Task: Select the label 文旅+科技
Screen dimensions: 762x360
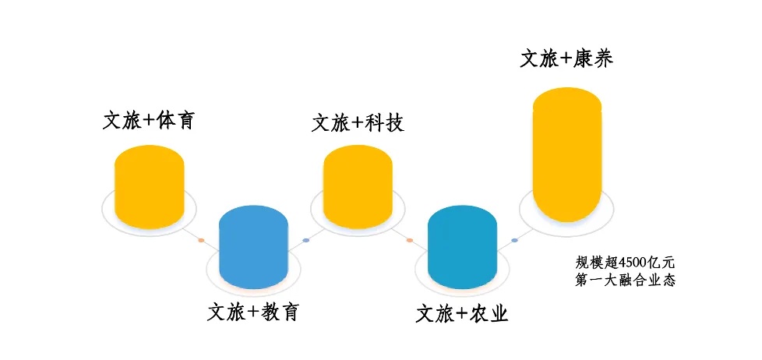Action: (358, 123)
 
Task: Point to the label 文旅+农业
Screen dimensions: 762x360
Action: (462, 314)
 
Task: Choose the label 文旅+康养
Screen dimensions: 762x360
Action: (566, 58)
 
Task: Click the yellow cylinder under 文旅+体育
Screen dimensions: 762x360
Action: (149, 186)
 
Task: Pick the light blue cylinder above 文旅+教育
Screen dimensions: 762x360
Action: (254, 247)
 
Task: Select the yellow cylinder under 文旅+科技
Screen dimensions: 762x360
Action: (358, 186)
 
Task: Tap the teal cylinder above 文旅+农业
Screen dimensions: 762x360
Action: (462, 247)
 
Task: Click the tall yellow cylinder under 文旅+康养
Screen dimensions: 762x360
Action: (567, 154)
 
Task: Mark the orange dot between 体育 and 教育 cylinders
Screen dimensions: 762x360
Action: (201, 241)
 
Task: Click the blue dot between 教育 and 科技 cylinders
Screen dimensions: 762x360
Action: (305, 241)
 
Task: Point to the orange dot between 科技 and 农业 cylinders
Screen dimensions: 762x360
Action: (410, 241)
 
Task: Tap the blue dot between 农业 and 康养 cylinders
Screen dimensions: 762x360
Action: (515, 241)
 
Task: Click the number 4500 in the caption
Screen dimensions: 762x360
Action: (632, 263)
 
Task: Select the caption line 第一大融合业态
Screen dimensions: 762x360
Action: (625, 281)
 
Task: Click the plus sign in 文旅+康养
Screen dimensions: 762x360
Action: (565, 59)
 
